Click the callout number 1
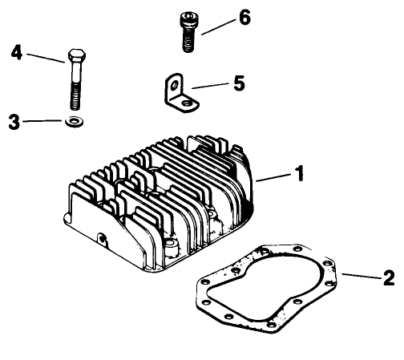click(300, 172)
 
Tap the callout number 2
click(389, 278)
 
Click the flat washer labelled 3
click(75, 123)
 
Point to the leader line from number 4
click(43, 56)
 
